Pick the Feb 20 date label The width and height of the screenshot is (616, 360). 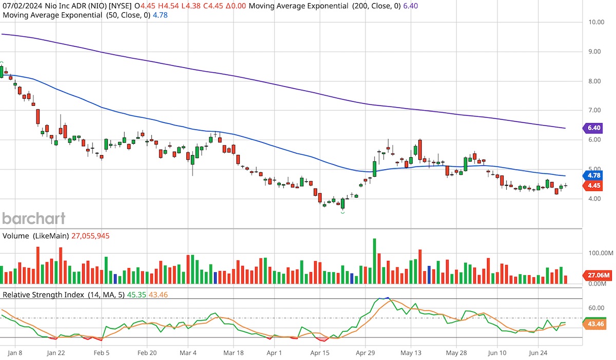146,353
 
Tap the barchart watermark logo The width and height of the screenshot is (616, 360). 34,218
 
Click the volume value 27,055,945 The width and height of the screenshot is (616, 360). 87,236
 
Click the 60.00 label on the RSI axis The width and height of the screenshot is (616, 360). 596,308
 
